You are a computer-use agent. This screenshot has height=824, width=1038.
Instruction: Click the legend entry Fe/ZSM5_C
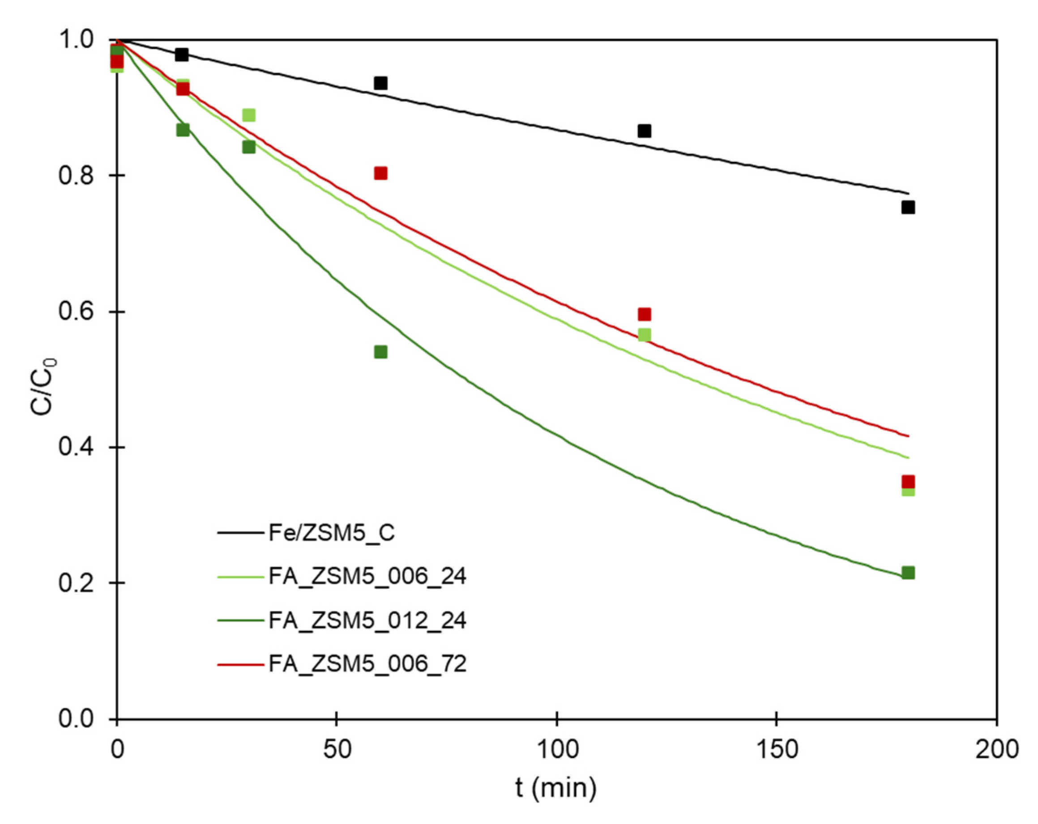point(331,533)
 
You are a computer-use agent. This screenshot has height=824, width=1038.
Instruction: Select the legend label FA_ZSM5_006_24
point(367,576)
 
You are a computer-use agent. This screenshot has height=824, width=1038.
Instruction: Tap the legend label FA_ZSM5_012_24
point(367,620)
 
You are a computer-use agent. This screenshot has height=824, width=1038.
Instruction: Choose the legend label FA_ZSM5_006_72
point(367,664)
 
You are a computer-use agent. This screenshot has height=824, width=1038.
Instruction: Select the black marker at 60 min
point(380,83)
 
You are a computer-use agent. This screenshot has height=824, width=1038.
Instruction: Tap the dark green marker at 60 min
point(380,352)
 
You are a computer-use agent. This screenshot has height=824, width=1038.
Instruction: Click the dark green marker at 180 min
point(908,573)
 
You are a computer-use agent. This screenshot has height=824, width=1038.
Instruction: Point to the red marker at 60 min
point(380,173)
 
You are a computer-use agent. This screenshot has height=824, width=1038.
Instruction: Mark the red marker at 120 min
point(644,314)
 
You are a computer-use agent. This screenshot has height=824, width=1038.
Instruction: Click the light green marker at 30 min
point(248,115)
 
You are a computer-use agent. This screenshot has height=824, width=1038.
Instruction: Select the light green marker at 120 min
point(644,334)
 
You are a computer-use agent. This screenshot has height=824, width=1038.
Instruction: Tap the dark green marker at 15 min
point(183,129)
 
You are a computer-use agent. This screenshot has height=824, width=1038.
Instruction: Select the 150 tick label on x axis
point(777,750)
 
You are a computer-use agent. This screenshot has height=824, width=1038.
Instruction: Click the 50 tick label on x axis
point(337,750)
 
